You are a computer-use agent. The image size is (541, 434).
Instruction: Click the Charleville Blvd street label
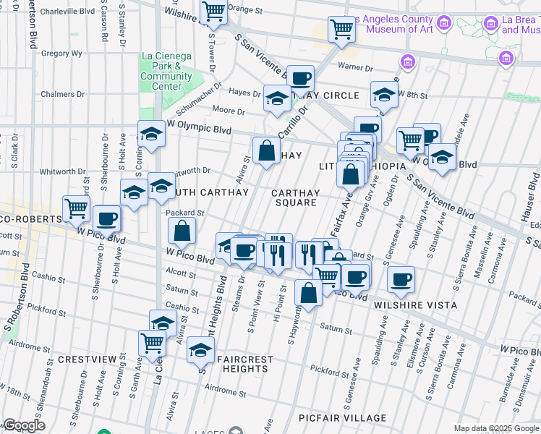pyautogui.click(x=68, y=12)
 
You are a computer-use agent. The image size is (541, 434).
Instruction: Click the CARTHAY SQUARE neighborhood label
pyautogui.click(x=295, y=197)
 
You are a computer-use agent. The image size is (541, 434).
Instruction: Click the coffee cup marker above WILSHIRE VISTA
pyautogui.click(x=401, y=279)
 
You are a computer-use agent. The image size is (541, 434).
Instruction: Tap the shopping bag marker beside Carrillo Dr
pyautogui.click(x=266, y=150)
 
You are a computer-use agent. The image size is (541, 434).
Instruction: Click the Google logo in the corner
pyautogui.click(x=24, y=425)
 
